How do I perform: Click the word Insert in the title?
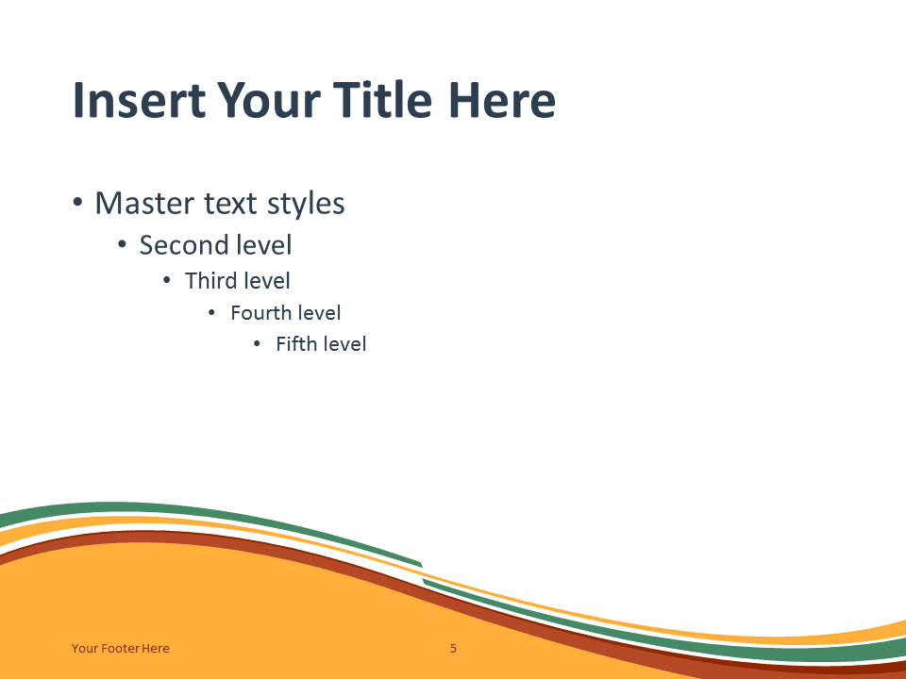[x=140, y=101]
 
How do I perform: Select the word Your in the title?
[x=268, y=101]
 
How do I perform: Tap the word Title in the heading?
[x=382, y=99]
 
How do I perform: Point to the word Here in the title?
[x=501, y=101]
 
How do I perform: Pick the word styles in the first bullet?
[x=306, y=205]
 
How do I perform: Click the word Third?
[x=211, y=281]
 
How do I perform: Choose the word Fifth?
[x=296, y=344]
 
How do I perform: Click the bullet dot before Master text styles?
[x=78, y=204]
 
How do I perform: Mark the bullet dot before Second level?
[x=122, y=245]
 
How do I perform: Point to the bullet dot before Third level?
[x=167, y=281]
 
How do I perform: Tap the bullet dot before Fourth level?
[x=211, y=313]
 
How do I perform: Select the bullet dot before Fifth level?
[x=257, y=344]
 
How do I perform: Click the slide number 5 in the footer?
[x=454, y=649]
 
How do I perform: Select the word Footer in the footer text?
[x=120, y=649]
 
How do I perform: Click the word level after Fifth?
[x=344, y=344]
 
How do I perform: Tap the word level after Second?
[x=266, y=245]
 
